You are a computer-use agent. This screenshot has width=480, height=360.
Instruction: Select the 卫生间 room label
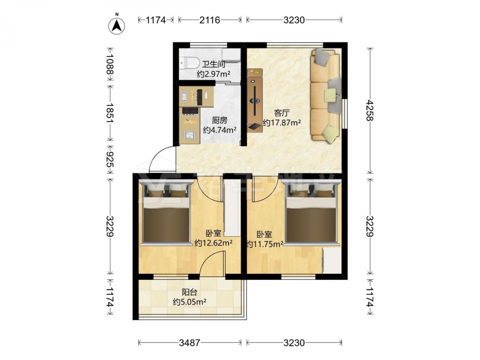click(x=214, y=64)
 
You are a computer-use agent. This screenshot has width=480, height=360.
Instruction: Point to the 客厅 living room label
click(x=281, y=113)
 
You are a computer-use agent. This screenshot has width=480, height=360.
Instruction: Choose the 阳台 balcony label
click(x=189, y=292)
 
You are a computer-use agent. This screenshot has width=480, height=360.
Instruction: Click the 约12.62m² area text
click(x=214, y=243)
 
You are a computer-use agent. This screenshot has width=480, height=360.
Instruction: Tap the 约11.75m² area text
click(x=264, y=244)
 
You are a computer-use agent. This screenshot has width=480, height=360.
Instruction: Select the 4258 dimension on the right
click(x=370, y=110)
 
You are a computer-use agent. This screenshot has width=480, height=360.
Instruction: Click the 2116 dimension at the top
click(x=210, y=20)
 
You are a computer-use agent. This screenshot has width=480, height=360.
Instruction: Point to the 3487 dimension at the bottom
click(x=190, y=343)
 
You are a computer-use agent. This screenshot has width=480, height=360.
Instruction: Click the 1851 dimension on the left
click(x=109, y=113)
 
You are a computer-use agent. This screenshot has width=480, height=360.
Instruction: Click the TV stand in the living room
click(x=255, y=100)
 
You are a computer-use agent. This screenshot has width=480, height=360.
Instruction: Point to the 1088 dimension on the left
click(x=109, y=64)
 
